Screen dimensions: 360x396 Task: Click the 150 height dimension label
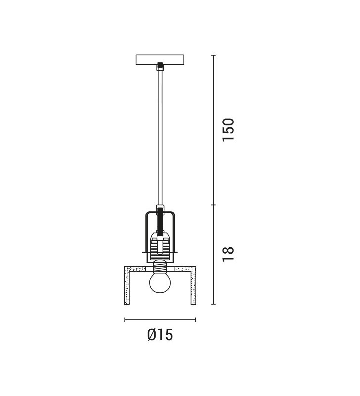click(228, 130)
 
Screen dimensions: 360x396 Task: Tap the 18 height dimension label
click(228, 254)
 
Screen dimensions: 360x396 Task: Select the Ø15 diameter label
click(160, 335)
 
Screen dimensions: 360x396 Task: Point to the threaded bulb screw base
click(160, 266)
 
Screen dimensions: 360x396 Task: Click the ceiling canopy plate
click(160, 60)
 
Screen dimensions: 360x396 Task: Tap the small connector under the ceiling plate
click(160, 66)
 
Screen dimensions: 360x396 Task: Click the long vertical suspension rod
click(160, 138)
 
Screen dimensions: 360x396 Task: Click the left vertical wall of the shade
click(127, 286)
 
